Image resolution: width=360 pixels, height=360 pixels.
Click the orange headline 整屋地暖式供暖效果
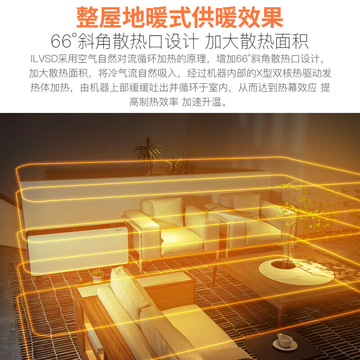[180, 18]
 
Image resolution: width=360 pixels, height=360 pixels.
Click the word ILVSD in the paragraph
[44, 59]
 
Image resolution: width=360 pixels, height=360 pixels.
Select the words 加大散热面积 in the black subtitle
[256, 41]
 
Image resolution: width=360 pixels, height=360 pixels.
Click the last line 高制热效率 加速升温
[178, 102]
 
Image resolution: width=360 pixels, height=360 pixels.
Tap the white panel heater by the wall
[77, 249]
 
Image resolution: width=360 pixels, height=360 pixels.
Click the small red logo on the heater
[121, 229]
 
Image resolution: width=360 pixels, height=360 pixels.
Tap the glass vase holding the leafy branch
[287, 254]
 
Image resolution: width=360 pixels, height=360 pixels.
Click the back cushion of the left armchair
[167, 211]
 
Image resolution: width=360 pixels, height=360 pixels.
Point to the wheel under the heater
[40, 279]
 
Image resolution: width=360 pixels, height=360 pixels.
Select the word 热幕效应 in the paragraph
[297, 87]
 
